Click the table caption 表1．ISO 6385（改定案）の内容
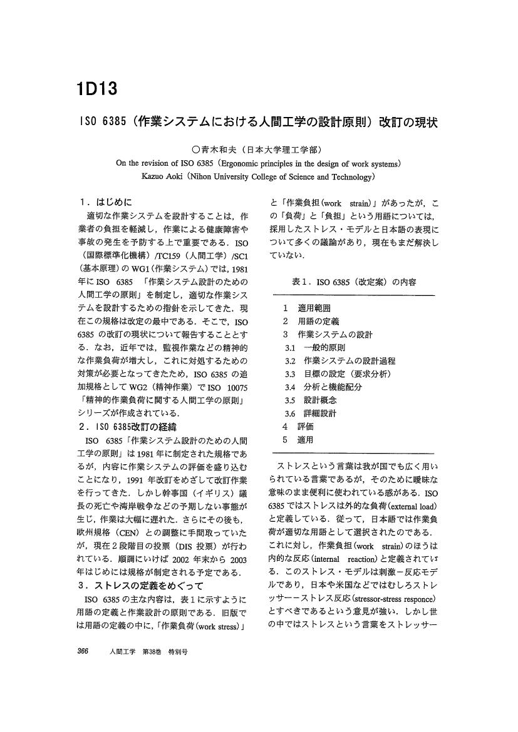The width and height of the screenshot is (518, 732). [353, 282]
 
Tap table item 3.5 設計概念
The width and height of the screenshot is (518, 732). [309, 400]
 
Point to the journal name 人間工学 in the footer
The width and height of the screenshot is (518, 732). [121, 652]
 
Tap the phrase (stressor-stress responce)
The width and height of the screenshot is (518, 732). [391, 586]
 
